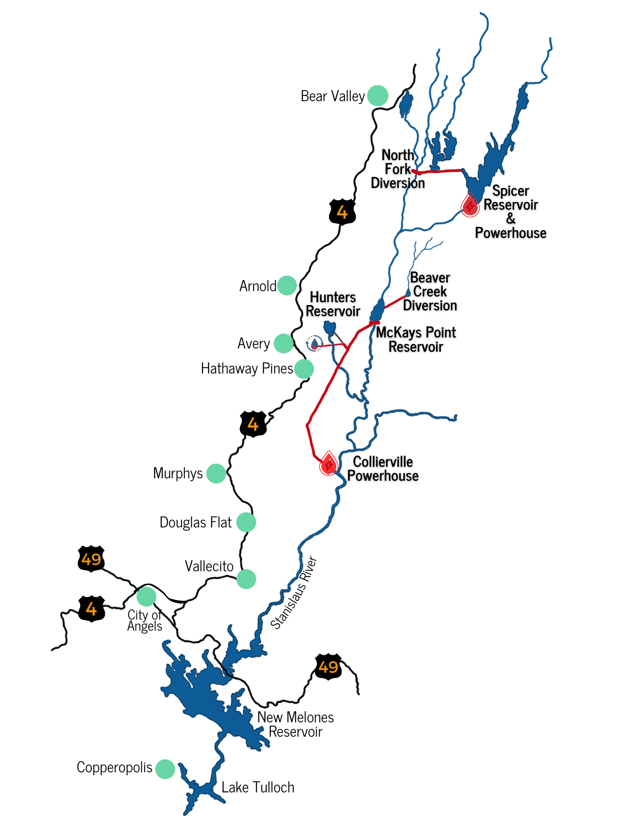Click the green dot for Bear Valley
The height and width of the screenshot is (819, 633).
377,96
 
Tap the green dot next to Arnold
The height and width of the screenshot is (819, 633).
287,285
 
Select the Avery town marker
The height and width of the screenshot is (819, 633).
284,343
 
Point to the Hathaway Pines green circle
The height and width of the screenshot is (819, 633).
304,369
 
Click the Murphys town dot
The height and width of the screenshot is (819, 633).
216,474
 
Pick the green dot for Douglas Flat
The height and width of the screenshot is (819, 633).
246,522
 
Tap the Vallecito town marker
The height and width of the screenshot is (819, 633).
246,579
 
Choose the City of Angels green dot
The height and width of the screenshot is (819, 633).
146,596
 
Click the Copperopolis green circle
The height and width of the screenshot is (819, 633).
165,769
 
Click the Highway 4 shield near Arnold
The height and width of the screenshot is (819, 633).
342,212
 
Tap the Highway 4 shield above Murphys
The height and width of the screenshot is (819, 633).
253,424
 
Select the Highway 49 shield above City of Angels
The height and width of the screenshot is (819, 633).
91,559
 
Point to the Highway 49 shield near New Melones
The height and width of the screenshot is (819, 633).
328,667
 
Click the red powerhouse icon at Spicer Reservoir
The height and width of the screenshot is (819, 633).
470,205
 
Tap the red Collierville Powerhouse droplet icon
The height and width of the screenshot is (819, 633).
329,464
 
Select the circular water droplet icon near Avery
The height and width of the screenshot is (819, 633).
314,343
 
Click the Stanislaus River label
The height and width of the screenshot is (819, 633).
293,593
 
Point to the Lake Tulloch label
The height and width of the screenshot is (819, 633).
258,787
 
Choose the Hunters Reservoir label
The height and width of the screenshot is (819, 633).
333,304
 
